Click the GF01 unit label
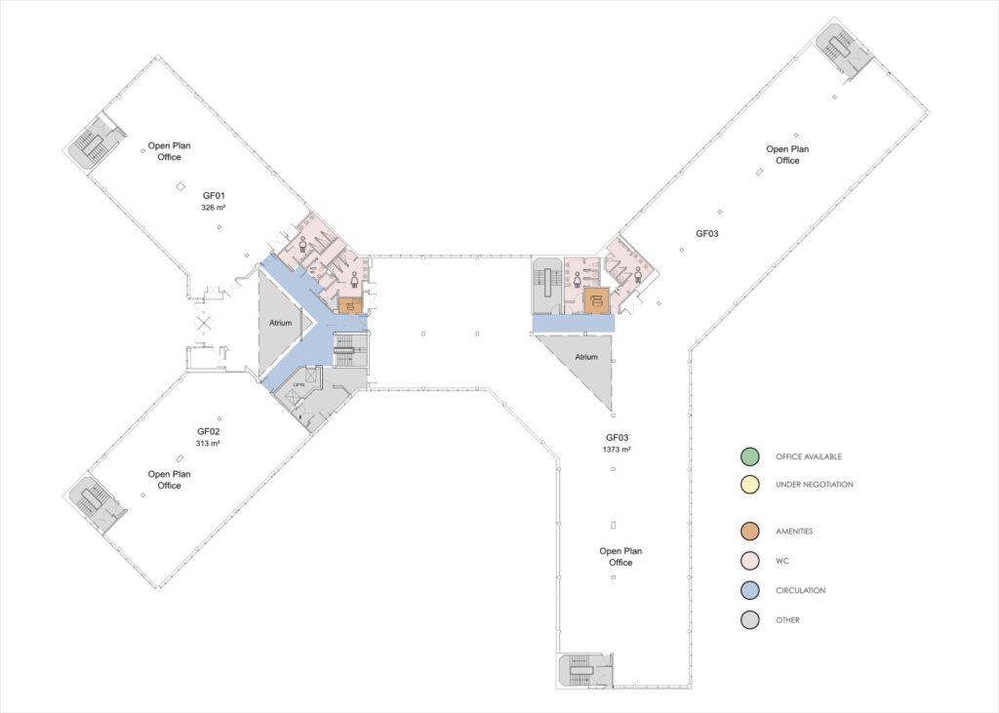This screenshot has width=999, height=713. [213, 196]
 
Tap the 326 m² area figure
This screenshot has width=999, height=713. [213, 208]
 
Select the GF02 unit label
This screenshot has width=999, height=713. [208, 431]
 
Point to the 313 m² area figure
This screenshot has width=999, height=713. [208, 443]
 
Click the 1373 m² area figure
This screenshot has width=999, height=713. [618, 450]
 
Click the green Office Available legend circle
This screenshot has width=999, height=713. [749, 456]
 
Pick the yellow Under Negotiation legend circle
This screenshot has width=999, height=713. [749, 485]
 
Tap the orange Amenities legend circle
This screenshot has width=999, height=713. [749, 532]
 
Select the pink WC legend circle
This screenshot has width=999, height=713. [749, 561]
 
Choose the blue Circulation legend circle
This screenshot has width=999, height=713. [749, 590]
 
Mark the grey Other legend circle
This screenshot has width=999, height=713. [749, 619]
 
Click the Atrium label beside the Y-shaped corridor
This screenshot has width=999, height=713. [280, 323]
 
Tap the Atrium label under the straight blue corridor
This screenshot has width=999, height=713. [585, 358]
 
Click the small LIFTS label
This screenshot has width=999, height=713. [300, 386]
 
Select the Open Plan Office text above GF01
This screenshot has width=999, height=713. [170, 151]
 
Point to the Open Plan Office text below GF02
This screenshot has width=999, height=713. [170, 480]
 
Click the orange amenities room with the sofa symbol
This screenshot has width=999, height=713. [596, 300]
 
